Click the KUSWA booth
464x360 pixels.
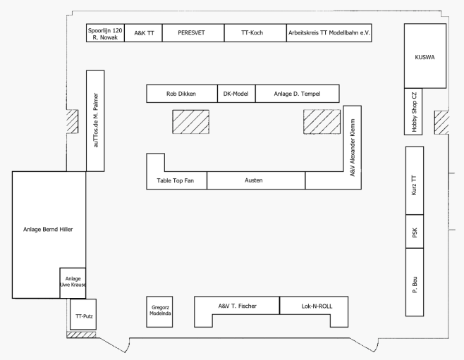click(x=425, y=56)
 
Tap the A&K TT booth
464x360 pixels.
click(x=142, y=33)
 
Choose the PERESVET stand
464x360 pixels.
click(x=193, y=33)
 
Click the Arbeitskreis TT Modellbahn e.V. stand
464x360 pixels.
click(x=329, y=33)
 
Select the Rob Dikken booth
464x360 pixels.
click(x=181, y=93)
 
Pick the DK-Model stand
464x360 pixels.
click(x=235, y=93)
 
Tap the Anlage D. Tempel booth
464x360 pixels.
click(x=297, y=93)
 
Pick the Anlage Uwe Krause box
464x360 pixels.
click(x=72, y=283)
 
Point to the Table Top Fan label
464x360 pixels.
click(x=176, y=181)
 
